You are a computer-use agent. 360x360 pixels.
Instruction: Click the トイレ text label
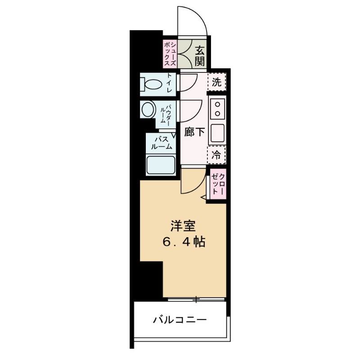pos(170,85)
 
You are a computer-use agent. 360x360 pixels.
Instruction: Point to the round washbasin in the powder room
pos(148,109)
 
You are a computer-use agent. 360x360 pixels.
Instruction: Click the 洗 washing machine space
pos(217,82)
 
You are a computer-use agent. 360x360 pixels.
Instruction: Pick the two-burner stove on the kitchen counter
pos(217,108)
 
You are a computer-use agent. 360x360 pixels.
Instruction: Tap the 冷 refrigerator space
pos(216,156)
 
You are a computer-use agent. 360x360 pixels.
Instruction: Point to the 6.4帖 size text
pos(184,242)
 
